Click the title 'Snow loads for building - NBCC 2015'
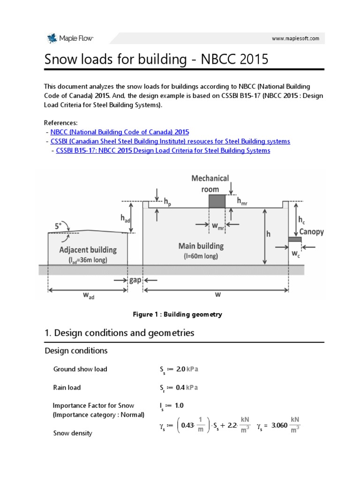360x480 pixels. (156, 60)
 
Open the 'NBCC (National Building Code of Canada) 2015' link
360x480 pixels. (120, 132)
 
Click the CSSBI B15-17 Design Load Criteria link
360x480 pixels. (163, 150)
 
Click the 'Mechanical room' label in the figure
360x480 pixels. (210, 183)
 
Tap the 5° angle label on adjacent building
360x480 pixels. (58, 226)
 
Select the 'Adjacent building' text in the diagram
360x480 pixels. (88, 250)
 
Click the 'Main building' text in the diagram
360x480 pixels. (201, 246)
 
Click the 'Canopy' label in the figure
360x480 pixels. (312, 232)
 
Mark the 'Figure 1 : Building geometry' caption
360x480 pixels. (178, 315)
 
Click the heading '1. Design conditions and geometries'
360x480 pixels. (119, 333)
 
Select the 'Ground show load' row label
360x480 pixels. (80, 369)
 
